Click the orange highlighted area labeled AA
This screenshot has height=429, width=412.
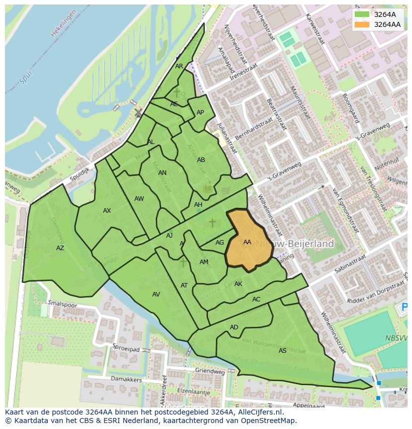point(248,242)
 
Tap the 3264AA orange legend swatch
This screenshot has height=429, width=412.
point(362,24)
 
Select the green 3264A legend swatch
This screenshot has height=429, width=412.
point(362,14)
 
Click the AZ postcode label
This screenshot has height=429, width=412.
point(60,248)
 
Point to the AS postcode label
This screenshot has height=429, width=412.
point(283,351)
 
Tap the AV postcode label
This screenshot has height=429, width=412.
point(156,294)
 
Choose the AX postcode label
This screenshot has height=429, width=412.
point(107,211)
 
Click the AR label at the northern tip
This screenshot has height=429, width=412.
point(179,66)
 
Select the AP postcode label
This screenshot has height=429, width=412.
point(200,113)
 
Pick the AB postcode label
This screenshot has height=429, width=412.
point(201,160)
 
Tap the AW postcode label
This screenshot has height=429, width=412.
point(139,199)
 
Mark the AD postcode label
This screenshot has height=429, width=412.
point(234,327)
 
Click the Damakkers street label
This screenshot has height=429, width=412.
point(126,380)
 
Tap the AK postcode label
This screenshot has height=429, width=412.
point(238,284)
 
